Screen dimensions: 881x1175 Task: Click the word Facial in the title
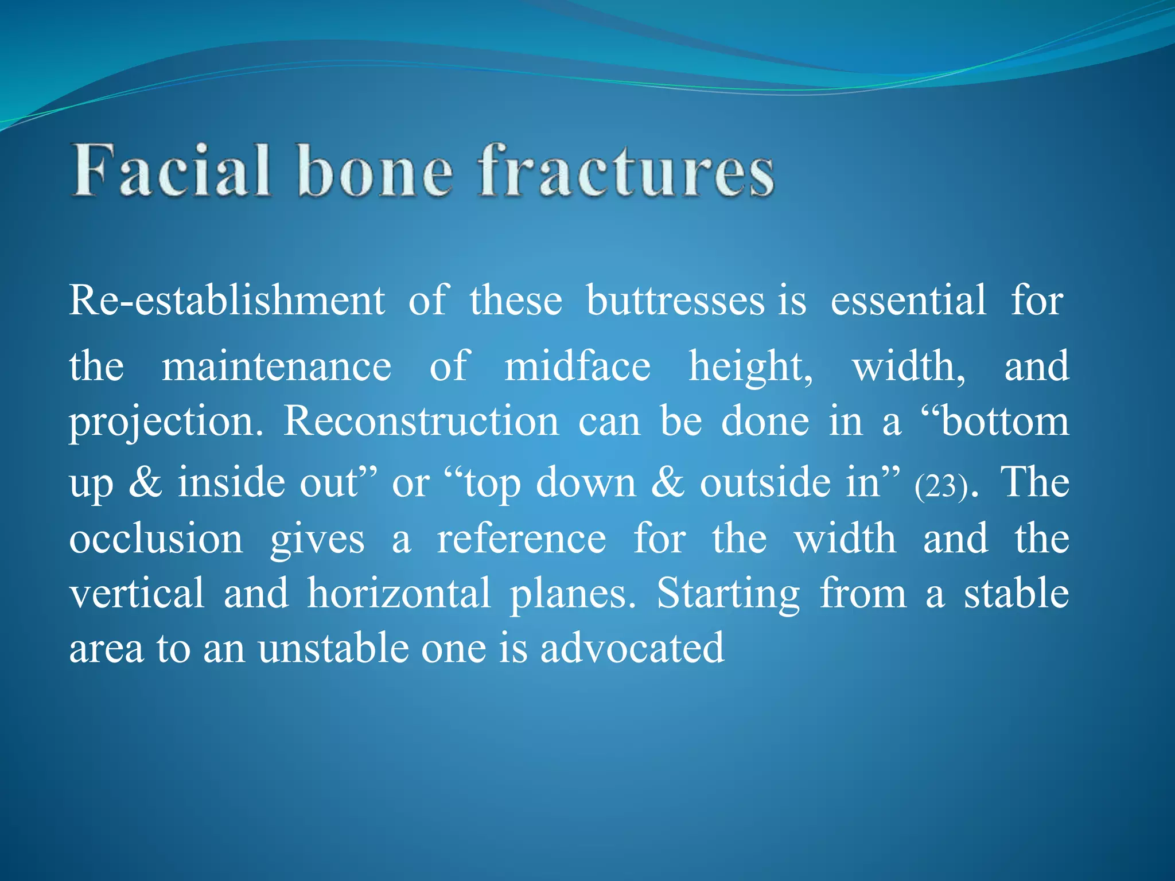[170, 171]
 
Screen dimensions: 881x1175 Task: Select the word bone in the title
[375, 171]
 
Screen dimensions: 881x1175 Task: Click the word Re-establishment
[227, 301]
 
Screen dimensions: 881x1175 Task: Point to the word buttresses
[675, 301]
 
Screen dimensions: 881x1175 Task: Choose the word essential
[908, 301]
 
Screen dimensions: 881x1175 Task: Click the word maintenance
[277, 367]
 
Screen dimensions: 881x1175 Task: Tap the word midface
[577, 367]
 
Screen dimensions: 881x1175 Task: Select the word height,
[750, 367]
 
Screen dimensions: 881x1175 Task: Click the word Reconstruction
[421, 422]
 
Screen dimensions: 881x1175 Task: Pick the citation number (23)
[941, 486]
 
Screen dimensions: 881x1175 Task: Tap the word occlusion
[156, 540]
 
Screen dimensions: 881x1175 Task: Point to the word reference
[521, 540]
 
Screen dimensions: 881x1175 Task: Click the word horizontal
[399, 594]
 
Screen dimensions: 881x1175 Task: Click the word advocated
[632, 649]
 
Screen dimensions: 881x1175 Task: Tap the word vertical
[137, 594]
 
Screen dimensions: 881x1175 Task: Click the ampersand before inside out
[145, 482]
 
